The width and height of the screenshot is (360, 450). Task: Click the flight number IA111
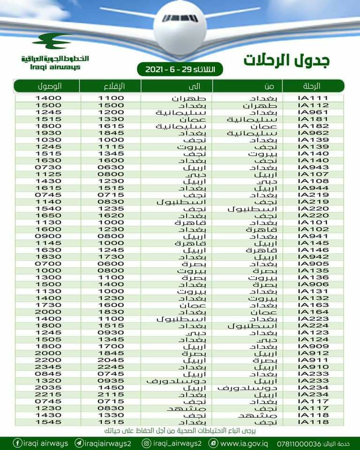pos(315,98)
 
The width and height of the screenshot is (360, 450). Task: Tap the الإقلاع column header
pos(111,86)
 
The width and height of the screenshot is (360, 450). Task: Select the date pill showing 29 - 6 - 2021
pos(180,69)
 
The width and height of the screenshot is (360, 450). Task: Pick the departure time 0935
pos(111,381)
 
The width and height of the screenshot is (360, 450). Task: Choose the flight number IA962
pos(315,133)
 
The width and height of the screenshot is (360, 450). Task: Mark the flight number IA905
pos(315,264)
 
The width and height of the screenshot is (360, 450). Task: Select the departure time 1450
pos(111,388)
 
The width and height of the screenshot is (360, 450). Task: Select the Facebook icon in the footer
pos(18,443)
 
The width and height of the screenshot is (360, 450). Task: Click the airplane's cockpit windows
pos(180,19)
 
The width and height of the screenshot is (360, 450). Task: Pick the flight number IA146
pos(315,250)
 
